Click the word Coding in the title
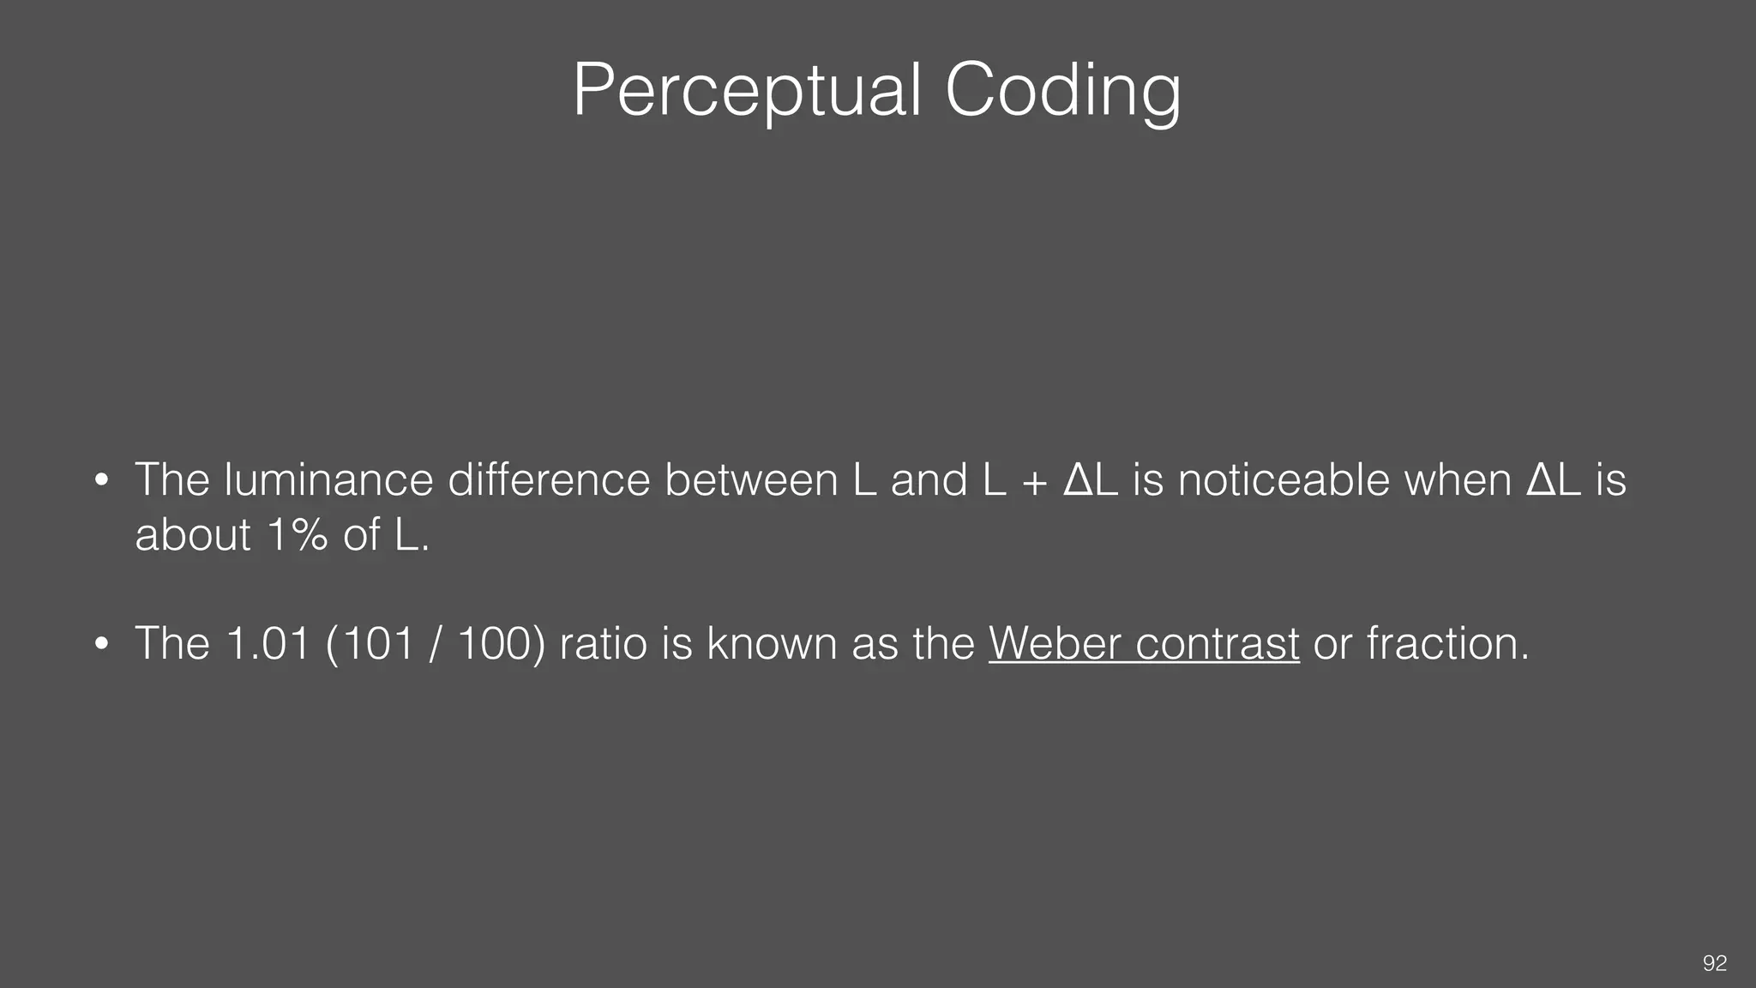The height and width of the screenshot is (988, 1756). (1062, 91)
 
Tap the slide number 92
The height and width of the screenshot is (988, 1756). (1714, 963)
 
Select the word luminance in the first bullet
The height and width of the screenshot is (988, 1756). (328, 479)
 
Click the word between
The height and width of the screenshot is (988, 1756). (751, 479)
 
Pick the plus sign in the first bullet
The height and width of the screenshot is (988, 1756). (1035, 482)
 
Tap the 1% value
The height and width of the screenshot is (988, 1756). (297, 535)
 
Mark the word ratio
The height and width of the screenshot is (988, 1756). (603, 643)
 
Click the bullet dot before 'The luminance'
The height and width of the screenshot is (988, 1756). (101, 481)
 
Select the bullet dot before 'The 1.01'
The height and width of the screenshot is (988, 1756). (101, 645)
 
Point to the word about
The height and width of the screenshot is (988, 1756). (193, 535)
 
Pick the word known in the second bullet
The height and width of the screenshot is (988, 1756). (772, 643)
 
